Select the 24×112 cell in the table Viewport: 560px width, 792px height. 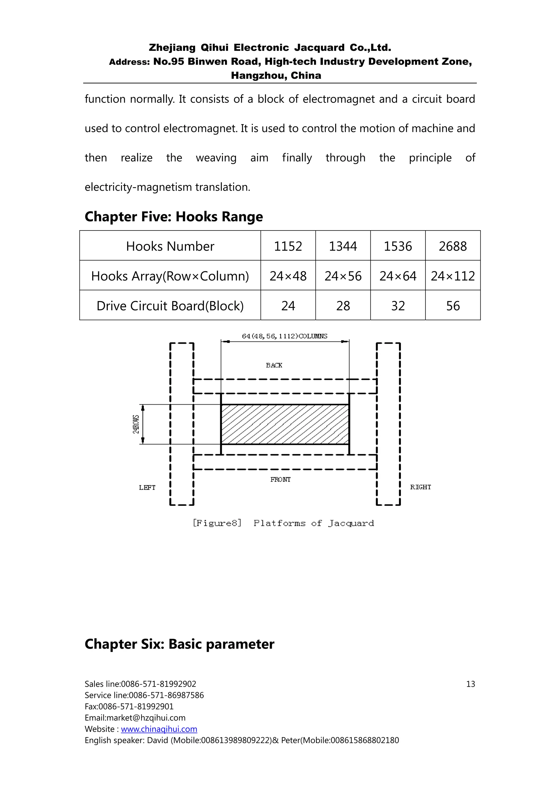(x=453, y=276)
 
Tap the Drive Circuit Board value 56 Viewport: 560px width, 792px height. (x=453, y=306)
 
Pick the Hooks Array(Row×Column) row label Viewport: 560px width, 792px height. (x=170, y=276)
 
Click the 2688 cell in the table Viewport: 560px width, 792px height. (x=453, y=246)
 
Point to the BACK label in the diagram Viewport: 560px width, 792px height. (x=274, y=365)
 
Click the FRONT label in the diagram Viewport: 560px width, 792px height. (x=280, y=480)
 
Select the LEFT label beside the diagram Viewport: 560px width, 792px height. (x=147, y=487)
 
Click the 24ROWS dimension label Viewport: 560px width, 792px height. (x=136, y=424)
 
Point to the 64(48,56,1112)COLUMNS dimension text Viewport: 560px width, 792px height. (x=284, y=336)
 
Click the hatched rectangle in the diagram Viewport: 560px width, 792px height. (x=285, y=424)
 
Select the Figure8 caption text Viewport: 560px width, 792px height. (x=283, y=523)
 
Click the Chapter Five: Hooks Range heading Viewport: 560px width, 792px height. (x=174, y=217)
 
